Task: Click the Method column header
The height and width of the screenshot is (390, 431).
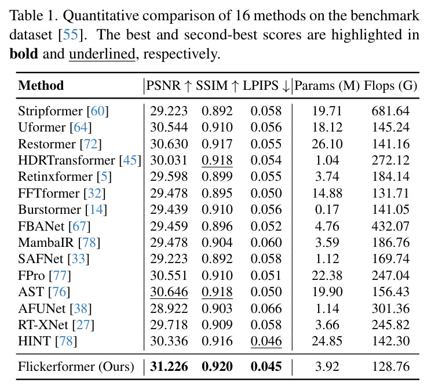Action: coord(41,85)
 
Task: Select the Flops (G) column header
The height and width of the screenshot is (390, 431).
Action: coord(390,86)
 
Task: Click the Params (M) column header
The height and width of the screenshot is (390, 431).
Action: coord(327,86)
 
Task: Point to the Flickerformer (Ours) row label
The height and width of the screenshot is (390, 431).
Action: coord(76,367)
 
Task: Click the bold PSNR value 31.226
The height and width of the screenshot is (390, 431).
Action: coord(169,367)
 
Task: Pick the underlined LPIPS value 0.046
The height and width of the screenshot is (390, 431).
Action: coord(266,341)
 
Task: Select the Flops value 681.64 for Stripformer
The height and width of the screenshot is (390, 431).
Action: coord(390,111)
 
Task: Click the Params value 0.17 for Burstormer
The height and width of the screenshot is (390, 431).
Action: coord(327,210)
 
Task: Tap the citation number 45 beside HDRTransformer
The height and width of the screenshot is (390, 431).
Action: coord(130,161)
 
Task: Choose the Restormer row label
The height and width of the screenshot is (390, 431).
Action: coord(60,144)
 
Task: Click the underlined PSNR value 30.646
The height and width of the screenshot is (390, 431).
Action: coord(169,292)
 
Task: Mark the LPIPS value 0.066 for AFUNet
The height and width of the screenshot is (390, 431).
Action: coord(266,309)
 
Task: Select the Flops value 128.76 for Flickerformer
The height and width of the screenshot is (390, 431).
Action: coord(390,367)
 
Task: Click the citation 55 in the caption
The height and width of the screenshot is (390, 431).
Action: coord(71,35)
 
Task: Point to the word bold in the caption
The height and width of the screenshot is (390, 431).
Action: coord(24,54)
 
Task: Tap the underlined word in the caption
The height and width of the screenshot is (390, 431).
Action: coord(102,54)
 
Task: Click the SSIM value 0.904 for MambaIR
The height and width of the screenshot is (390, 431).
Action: coord(217,243)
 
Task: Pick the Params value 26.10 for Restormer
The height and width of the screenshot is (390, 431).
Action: coord(327,144)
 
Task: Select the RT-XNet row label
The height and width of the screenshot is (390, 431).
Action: coord(56,325)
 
